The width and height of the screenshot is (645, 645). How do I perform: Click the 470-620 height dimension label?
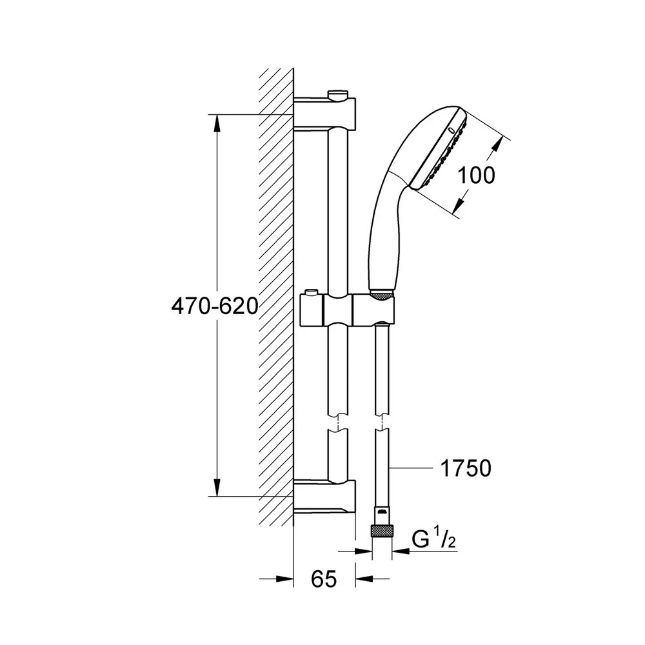[214, 306]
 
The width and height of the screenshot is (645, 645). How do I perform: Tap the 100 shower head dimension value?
[477, 175]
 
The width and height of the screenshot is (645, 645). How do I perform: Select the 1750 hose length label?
[466, 468]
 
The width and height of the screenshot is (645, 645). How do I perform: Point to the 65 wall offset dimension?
[324, 579]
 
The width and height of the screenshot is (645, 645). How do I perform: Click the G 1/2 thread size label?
[434, 540]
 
